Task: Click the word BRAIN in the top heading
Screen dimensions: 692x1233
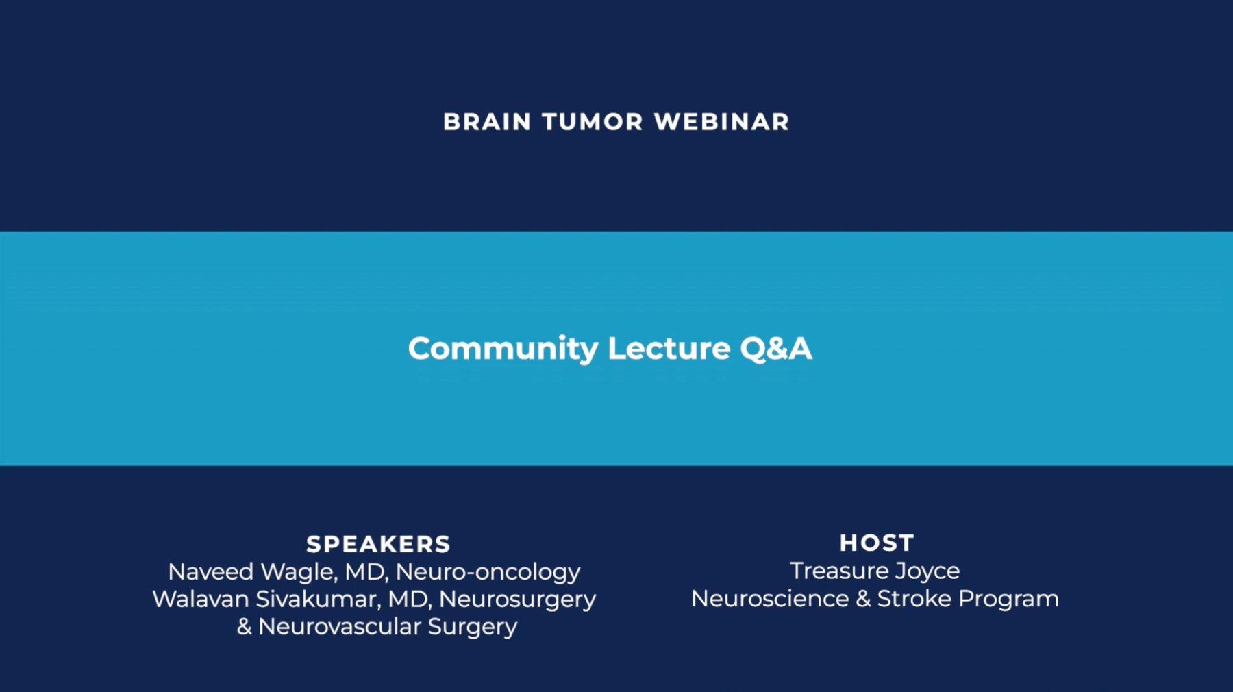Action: click(487, 122)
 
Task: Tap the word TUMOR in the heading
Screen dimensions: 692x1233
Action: click(593, 122)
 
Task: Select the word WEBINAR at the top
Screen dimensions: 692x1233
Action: click(721, 122)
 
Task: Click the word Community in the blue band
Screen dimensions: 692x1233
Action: click(503, 349)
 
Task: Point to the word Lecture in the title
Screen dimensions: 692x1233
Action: click(669, 349)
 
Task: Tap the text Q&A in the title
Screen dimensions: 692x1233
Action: click(776, 349)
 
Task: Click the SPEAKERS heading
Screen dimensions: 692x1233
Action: click(378, 544)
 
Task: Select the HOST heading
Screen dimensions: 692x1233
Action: click(877, 543)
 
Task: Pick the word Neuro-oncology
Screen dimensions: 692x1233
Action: click(488, 571)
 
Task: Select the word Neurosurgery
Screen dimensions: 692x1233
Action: click(517, 600)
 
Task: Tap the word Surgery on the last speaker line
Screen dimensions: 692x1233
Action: click(472, 627)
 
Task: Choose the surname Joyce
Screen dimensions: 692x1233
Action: click(929, 571)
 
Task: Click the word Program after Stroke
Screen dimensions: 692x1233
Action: click(1008, 600)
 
